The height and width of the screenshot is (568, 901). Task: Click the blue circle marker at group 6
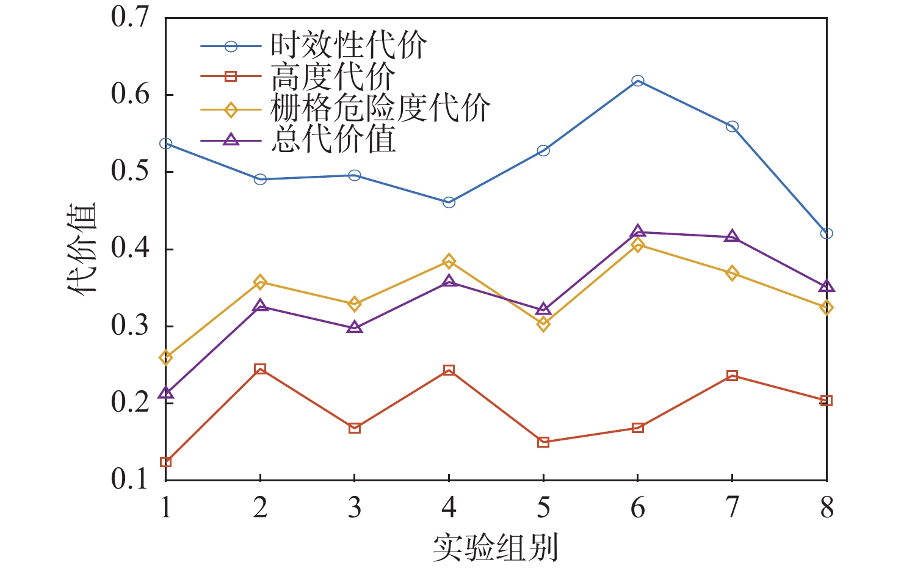[x=638, y=81]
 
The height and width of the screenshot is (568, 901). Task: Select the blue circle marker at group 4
[x=449, y=202]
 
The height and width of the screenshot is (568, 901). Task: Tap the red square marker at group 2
[x=260, y=369]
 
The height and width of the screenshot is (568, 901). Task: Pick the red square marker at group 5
[x=543, y=442]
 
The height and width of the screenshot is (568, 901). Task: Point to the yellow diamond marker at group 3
[x=355, y=304]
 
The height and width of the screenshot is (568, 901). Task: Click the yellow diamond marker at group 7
[x=732, y=273]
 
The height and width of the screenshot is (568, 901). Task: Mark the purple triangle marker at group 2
[x=260, y=305]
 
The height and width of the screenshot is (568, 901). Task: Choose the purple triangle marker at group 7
[x=732, y=236]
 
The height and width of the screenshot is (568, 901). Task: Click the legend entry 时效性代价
[x=349, y=46]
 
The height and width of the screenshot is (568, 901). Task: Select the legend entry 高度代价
[x=333, y=77]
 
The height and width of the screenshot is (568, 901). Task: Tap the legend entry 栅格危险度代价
[x=380, y=109]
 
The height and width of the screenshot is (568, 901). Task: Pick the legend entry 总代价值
[x=333, y=139]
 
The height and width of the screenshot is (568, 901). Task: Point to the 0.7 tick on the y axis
[x=130, y=17]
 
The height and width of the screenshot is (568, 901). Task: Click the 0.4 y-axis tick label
[x=130, y=249]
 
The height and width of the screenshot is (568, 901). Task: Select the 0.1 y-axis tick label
[x=130, y=479]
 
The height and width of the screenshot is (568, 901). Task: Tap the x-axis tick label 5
[x=543, y=507]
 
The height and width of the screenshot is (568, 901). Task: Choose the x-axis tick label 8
[x=827, y=507]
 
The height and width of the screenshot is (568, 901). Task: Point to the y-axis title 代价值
[x=82, y=249]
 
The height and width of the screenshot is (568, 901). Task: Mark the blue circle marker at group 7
[x=732, y=126]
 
